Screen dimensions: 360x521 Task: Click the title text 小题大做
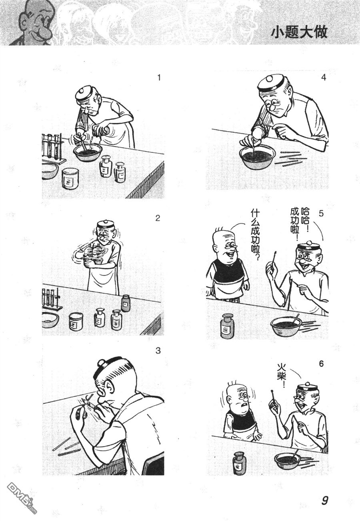click(299, 32)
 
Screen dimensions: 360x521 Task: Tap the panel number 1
click(159, 78)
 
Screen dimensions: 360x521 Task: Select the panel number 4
click(323, 77)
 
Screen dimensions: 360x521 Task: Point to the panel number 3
click(158, 351)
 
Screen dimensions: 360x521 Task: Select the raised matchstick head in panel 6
click(272, 392)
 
